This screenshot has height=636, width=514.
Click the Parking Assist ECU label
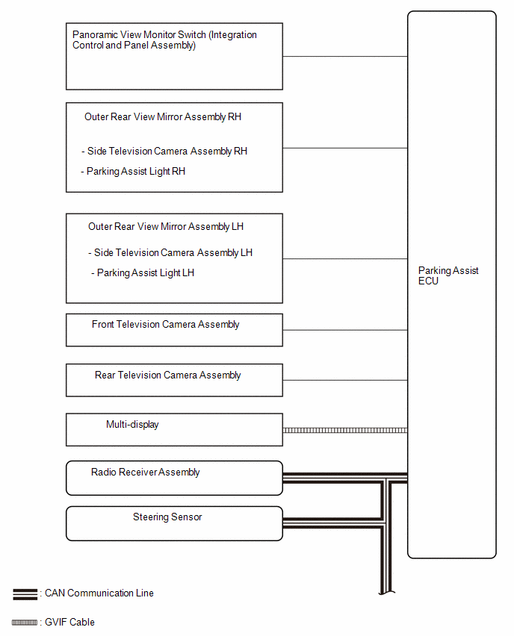tap(448, 275)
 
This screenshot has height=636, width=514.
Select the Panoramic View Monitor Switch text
tap(164, 40)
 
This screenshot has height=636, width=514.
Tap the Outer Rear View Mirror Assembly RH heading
tap(163, 117)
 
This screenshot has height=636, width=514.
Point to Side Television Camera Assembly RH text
tap(167, 152)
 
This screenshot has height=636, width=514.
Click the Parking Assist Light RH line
tap(135, 172)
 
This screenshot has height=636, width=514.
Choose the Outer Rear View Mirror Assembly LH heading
tap(166, 227)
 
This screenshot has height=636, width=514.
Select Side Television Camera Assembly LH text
tap(173, 253)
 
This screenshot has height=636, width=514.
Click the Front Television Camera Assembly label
tap(165, 325)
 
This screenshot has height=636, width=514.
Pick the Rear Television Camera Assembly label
tap(167, 375)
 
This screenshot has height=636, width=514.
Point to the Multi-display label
tap(132, 425)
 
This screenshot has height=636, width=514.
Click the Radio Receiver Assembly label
tap(146, 473)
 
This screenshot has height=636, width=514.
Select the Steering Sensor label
tap(167, 517)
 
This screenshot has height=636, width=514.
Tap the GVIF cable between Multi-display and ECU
tap(344, 430)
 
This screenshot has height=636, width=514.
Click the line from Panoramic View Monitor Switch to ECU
tap(344, 57)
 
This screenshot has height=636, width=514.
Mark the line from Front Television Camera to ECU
tap(344, 330)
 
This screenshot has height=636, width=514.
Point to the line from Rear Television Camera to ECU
tap(344, 380)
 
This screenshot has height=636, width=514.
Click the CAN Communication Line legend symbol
tap(25, 594)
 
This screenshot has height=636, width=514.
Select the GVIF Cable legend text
tap(69, 622)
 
